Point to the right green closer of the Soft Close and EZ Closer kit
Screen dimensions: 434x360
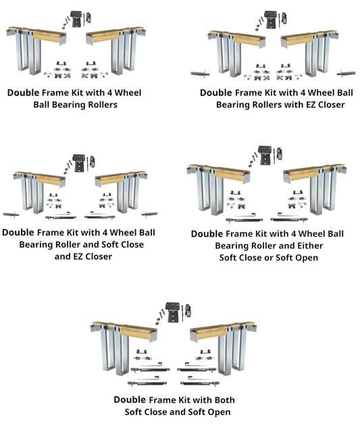151,214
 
